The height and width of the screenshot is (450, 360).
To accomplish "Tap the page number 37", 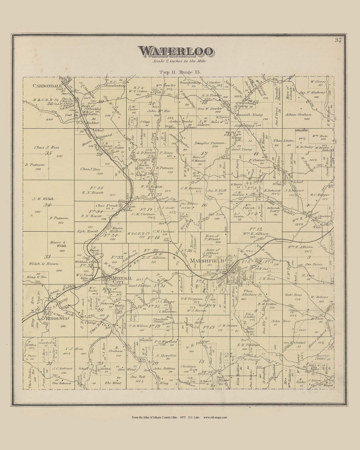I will pyautogui.click(x=338, y=40).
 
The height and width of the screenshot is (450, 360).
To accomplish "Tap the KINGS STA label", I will pyautogui.click(x=56, y=319).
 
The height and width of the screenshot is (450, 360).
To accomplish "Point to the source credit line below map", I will pyautogui.click(x=180, y=417).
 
